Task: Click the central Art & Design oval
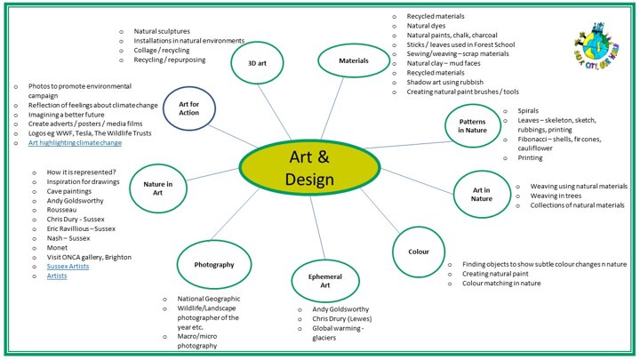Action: click(x=310, y=169)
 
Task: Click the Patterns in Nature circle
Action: click(x=472, y=125)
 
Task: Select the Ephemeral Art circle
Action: click(x=324, y=282)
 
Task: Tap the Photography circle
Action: click(x=213, y=265)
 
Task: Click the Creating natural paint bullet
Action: click(x=501, y=275)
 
